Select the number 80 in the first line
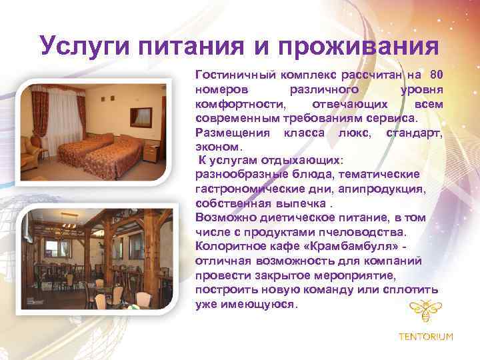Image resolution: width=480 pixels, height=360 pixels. [x=437, y=74]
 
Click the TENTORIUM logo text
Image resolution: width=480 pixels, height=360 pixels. [x=425, y=337]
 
